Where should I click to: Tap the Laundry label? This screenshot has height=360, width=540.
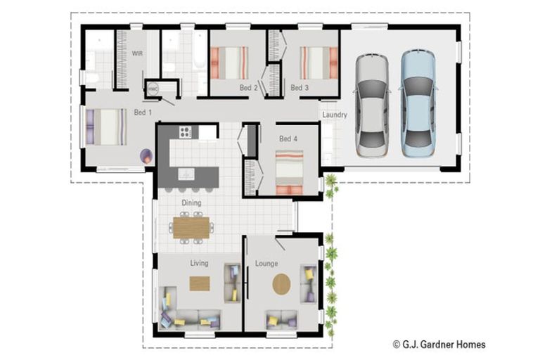(335, 115)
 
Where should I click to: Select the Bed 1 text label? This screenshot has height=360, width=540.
(143, 112)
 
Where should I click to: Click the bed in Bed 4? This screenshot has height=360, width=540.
(289, 172)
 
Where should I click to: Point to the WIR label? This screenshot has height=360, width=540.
(138, 53)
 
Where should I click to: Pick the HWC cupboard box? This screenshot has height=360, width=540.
(153, 89)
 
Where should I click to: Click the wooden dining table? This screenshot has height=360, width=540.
(191, 227)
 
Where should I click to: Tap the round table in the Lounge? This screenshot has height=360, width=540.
(281, 284)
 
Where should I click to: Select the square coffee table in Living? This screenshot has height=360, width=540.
(200, 283)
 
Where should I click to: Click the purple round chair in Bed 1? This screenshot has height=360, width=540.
(146, 156)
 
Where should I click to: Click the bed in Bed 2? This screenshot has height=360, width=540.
(231, 63)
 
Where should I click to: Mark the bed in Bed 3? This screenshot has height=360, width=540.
(314, 63)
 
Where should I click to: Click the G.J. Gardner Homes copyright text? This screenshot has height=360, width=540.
(439, 344)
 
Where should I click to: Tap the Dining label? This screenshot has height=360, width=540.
(191, 203)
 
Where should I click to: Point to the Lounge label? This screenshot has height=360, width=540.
(266, 264)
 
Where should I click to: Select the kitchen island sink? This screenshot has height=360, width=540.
(186, 172)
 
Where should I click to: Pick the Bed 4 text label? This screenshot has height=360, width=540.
(288, 139)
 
